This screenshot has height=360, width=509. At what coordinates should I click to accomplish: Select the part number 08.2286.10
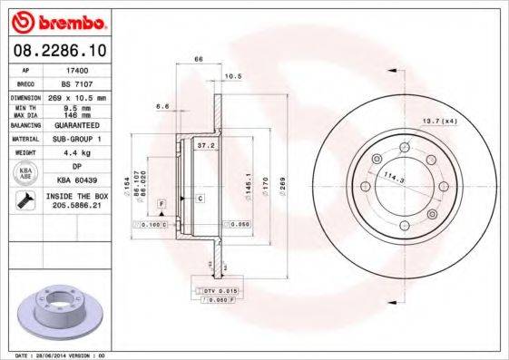click(x=61, y=54)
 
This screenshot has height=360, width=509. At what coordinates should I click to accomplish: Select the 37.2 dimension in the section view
click(x=206, y=143)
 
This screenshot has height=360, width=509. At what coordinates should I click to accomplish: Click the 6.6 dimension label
click(x=164, y=107)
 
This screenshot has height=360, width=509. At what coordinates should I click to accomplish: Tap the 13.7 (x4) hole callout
click(x=437, y=119)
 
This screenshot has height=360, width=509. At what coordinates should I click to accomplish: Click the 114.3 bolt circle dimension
click(x=394, y=176)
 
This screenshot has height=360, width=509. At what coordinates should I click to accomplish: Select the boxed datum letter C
click(x=200, y=197)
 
